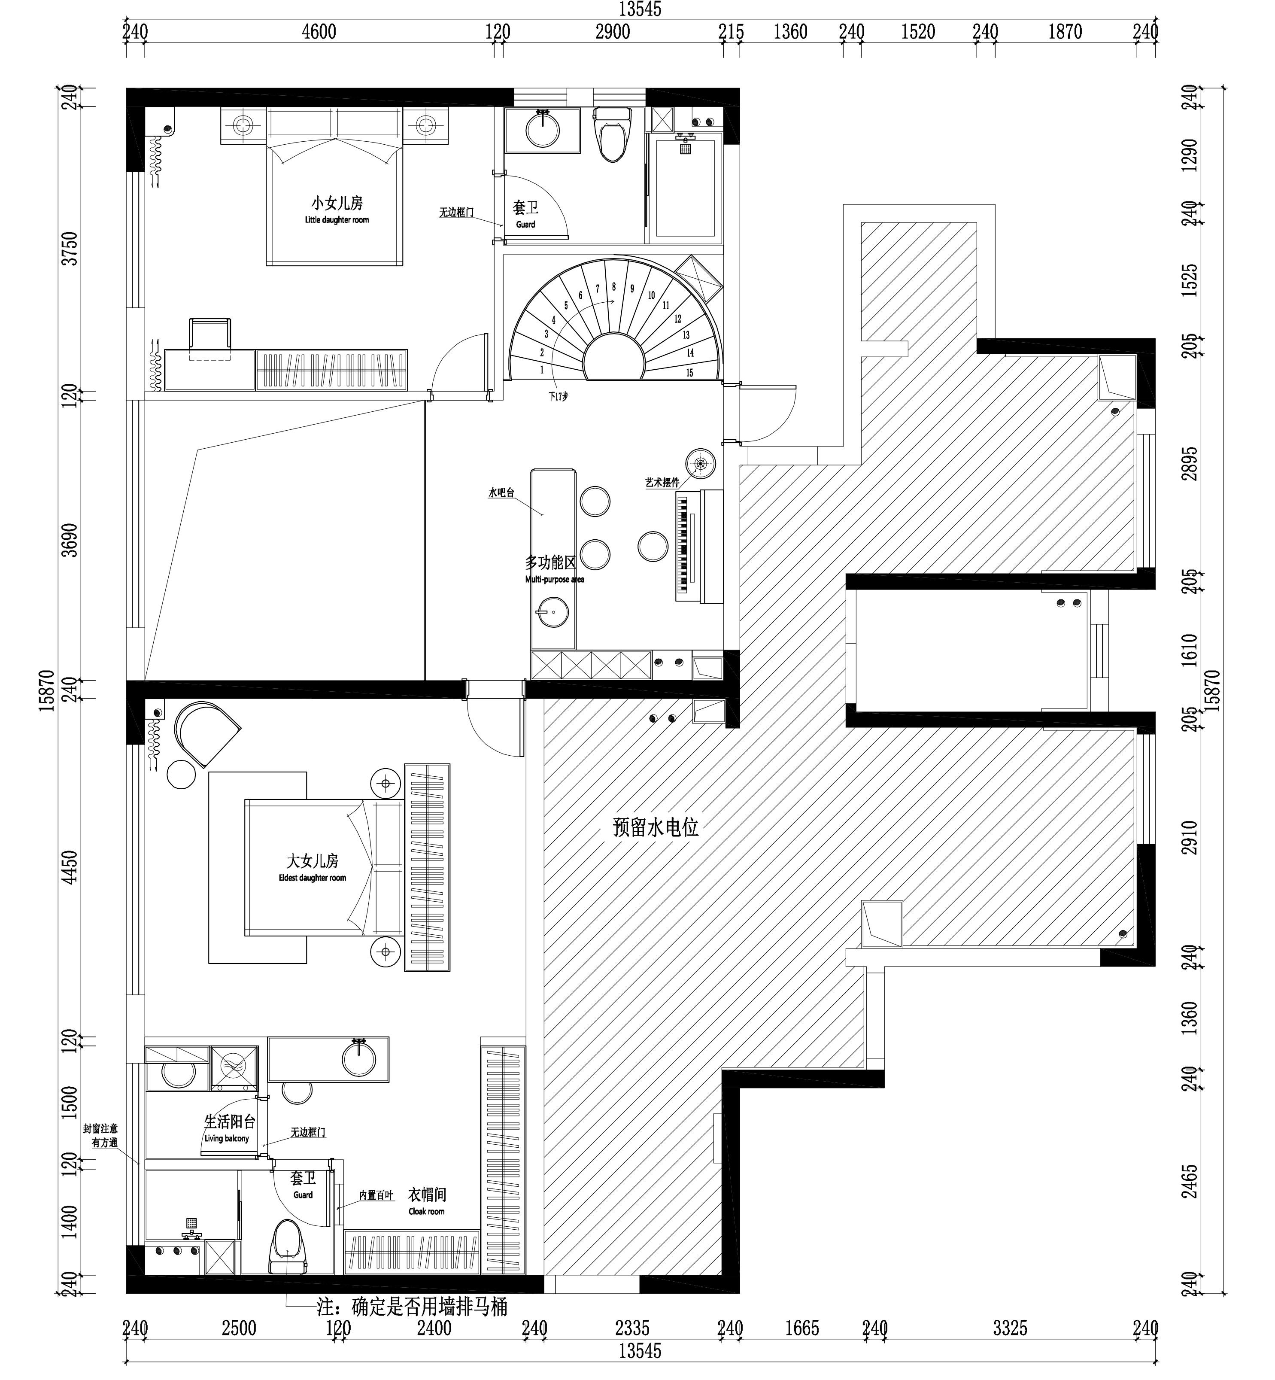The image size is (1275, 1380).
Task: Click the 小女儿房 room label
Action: tap(337, 203)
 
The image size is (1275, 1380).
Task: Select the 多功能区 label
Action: tap(550, 562)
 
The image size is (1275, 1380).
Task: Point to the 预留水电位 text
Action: tap(656, 827)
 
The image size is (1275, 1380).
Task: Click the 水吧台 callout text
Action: tap(501, 492)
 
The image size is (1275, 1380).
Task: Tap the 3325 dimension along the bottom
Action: tap(1010, 1328)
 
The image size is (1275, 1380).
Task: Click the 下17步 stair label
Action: tap(558, 397)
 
